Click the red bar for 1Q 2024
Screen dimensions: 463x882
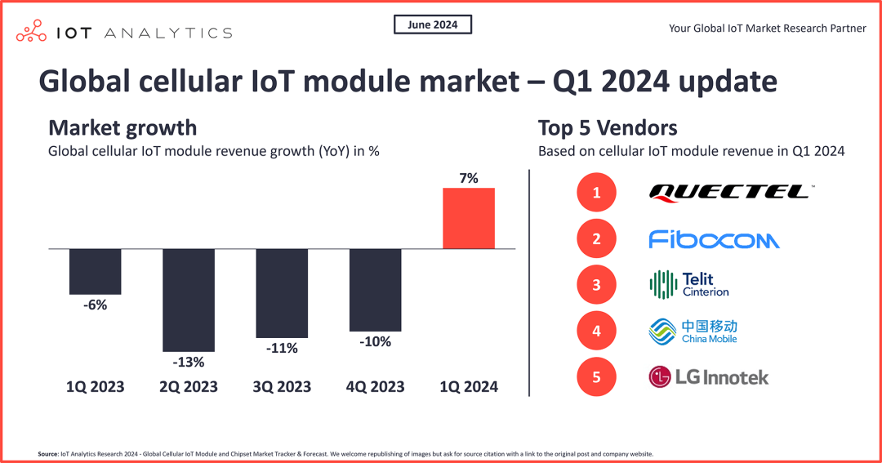[x=469, y=218]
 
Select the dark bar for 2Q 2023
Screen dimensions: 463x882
[x=189, y=300]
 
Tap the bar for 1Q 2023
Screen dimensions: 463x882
[x=96, y=271]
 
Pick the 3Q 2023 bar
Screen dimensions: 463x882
[x=282, y=292]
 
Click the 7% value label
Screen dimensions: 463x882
[x=469, y=177]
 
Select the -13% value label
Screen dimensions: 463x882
[x=189, y=362]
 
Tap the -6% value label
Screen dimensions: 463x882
[x=95, y=305]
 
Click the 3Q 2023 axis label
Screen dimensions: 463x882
[x=282, y=386]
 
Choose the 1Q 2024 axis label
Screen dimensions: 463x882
[x=469, y=386]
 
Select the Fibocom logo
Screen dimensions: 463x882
[x=714, y=239]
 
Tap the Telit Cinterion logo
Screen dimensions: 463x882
[x=688, y=285]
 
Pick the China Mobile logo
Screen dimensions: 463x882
[x=693, y=331]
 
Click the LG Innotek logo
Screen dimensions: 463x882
[x=708, y=376]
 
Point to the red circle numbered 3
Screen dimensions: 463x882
[x=597, y=285]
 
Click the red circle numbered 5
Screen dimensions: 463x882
[x=597, y=376]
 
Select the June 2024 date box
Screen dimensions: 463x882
[x=433, y=24]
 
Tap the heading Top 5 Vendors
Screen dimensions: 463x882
[x=608, y=128]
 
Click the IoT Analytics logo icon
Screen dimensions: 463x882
[x=32, y=32]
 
